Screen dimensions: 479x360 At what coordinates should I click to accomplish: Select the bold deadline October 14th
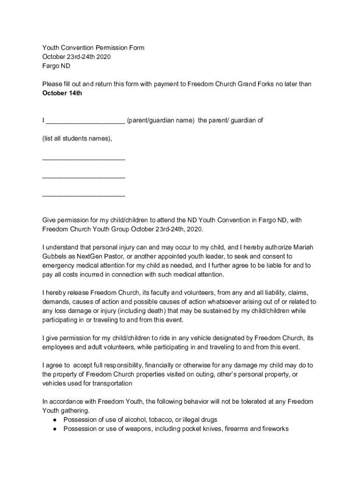[62, 93]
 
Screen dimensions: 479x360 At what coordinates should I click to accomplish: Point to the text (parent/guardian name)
[160, 120]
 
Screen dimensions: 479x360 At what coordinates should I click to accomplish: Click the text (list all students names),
[77, 138]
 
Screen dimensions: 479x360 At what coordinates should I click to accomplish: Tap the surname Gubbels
[55, 256]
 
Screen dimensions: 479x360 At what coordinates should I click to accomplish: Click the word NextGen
[85, 256]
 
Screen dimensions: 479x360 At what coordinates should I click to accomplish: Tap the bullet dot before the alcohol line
[55, 420]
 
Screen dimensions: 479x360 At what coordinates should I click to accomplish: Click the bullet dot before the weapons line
[55, 428]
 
